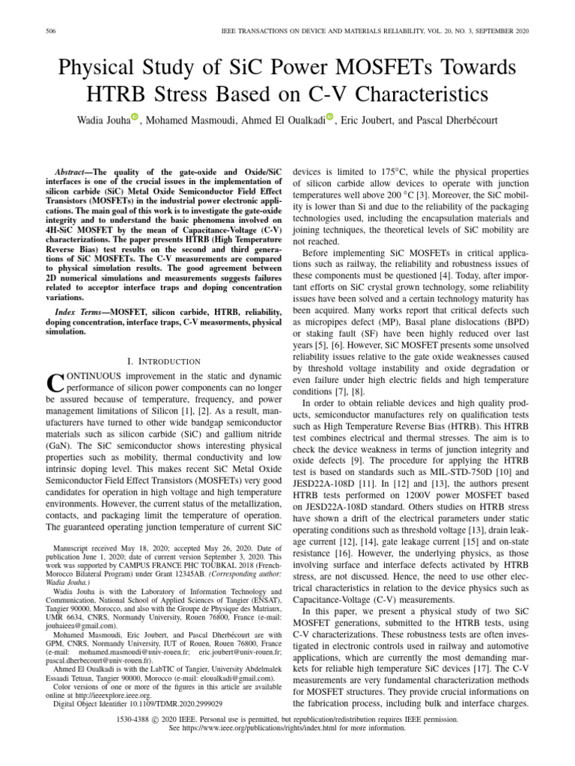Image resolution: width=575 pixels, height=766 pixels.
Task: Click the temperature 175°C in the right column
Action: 400,171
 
